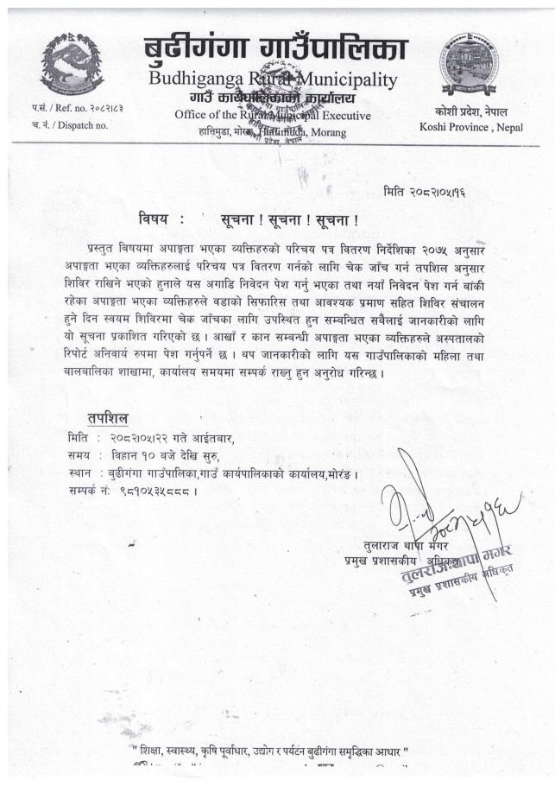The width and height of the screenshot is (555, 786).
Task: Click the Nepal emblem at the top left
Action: tap(72, 63)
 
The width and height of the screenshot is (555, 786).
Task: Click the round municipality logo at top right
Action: tap(468, 63)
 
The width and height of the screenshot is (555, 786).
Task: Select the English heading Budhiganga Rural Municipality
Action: tap(273, 80)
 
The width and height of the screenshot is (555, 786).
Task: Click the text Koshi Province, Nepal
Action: tap(470, 127)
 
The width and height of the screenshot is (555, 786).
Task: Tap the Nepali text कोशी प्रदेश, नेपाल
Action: tap(470, 112)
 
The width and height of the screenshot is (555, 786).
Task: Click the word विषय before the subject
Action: tap(156, 219)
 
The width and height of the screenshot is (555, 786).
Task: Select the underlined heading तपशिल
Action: tap(108, 418)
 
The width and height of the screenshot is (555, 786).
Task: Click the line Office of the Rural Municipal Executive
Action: tap(273, 115)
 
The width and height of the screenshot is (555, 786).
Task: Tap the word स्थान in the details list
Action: tap(80, 473)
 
